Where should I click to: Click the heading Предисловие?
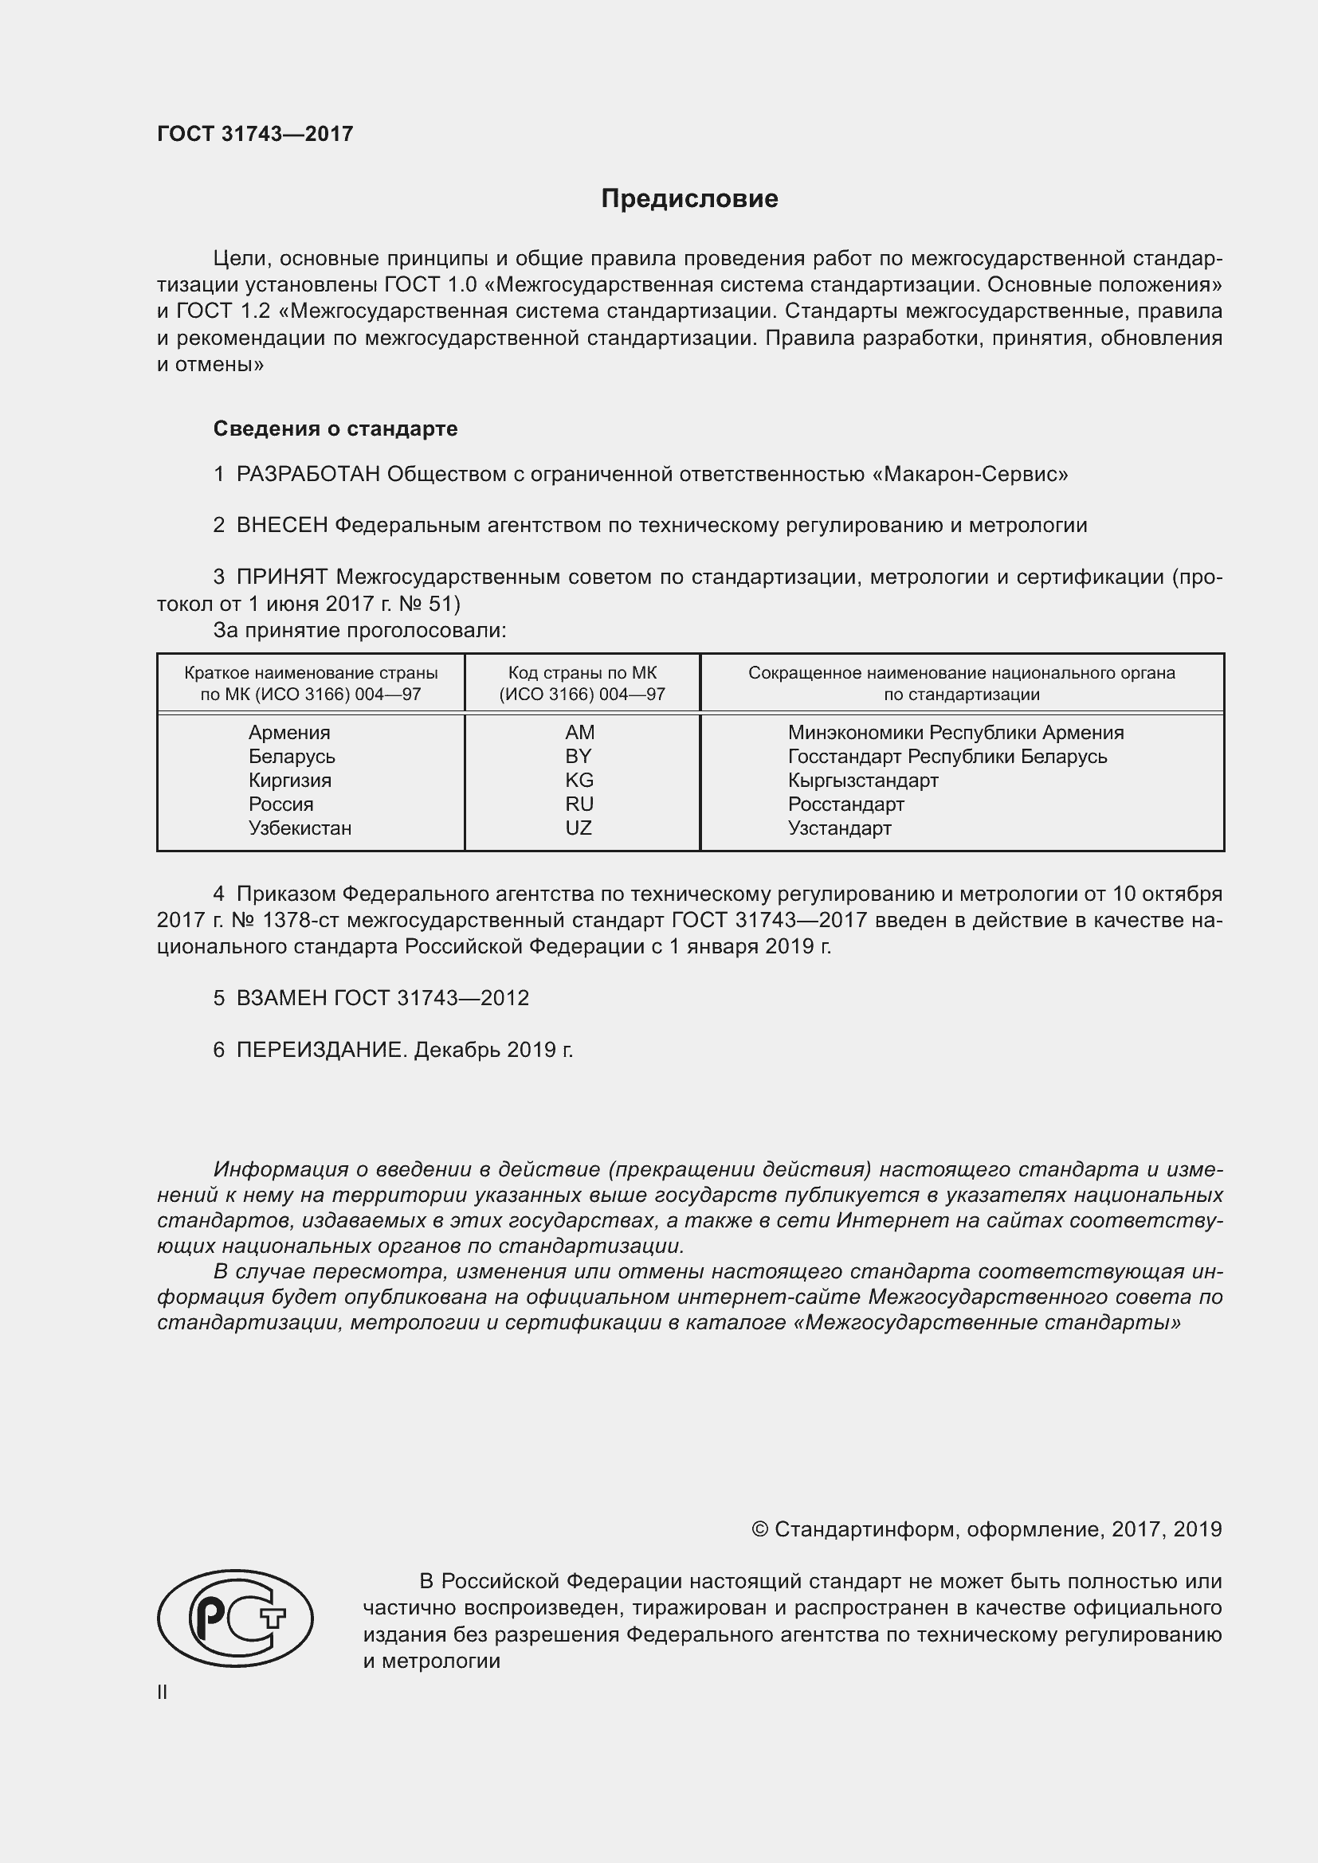pyautogui.click(x=689, y=199)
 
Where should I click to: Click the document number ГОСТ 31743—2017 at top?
pyautogui.click(x=255, y=135)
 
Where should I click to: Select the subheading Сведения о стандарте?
pyautogui.click(x=335, y=429)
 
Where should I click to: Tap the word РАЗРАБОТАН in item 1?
pyautogui.click(x=308, y=474)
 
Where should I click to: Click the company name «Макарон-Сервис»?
pyautogui.click(x=970, y=474)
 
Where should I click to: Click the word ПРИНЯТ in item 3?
pyautogui.click(x=281, y=577)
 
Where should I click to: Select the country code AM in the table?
pyautogui.click(x=579, y=733)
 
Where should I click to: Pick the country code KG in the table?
pyautogui.click(x=579, y=781)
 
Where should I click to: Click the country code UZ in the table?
pyautogui.click(x=579, y=828)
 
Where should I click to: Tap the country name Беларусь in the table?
pyautogui.click(x=292, y=756)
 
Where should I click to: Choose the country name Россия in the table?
pyautogui.click(x=280, y=804)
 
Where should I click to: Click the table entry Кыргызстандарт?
pyautogui.click(x=863, y=781)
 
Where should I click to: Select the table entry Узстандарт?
pyautogui.click(x=839, y=828)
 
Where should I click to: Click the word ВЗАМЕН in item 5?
pyautogui.click(x=281, y=998)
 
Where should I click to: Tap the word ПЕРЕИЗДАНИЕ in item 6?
pyautogui.click(x=320, y=1050)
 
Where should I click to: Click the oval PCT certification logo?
pyautogui.click(x=235, y=1618)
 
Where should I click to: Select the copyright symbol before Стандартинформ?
pyautogui.click(x=759, y=1529)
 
